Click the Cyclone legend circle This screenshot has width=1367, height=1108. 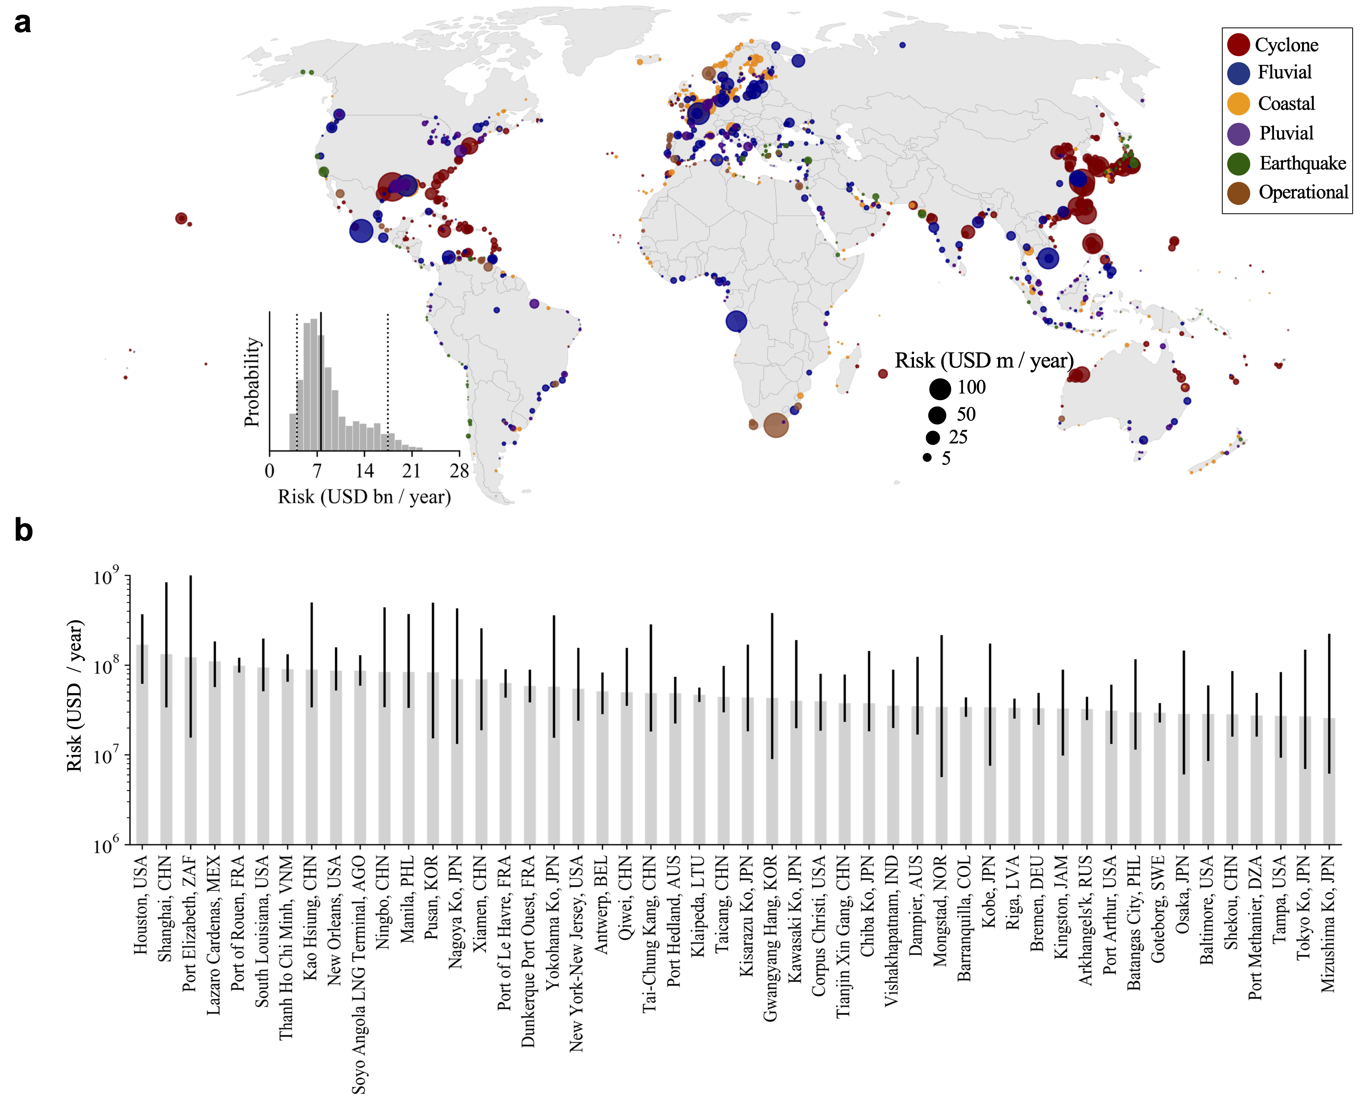click(x=1238, y=45)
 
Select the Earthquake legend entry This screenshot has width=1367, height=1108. click(x=1301, y=163)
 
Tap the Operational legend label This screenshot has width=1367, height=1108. click(x=1303, y=192)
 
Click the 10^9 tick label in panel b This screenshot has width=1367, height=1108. click(x=105, y=577)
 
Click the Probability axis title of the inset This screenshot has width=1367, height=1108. click(x=253, y=382)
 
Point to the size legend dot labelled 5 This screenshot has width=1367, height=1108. click(x=927, y=458)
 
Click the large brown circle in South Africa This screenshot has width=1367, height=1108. click(x=776, y=425)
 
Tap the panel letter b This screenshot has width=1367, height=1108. click(x=23, y=531)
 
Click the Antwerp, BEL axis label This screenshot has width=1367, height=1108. click(x=601, y=905)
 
